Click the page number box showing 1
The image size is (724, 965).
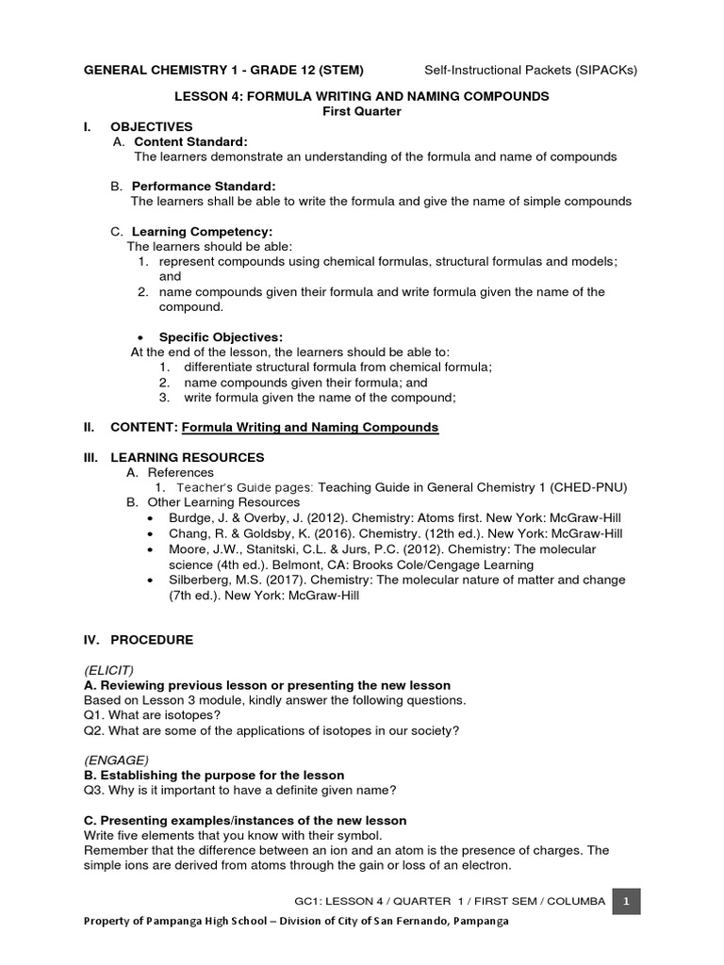(x=626, y=902)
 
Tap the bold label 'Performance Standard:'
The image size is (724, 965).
(x=204, y=187)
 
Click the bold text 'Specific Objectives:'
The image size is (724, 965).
(x=220, y=337)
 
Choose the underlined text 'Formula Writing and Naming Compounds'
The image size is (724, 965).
(x=310, y=428)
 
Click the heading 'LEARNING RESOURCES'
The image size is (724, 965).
(x=188, y=457)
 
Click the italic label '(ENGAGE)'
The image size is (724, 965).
(x=116, y=761)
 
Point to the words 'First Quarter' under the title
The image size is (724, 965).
(x=361, y=111)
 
